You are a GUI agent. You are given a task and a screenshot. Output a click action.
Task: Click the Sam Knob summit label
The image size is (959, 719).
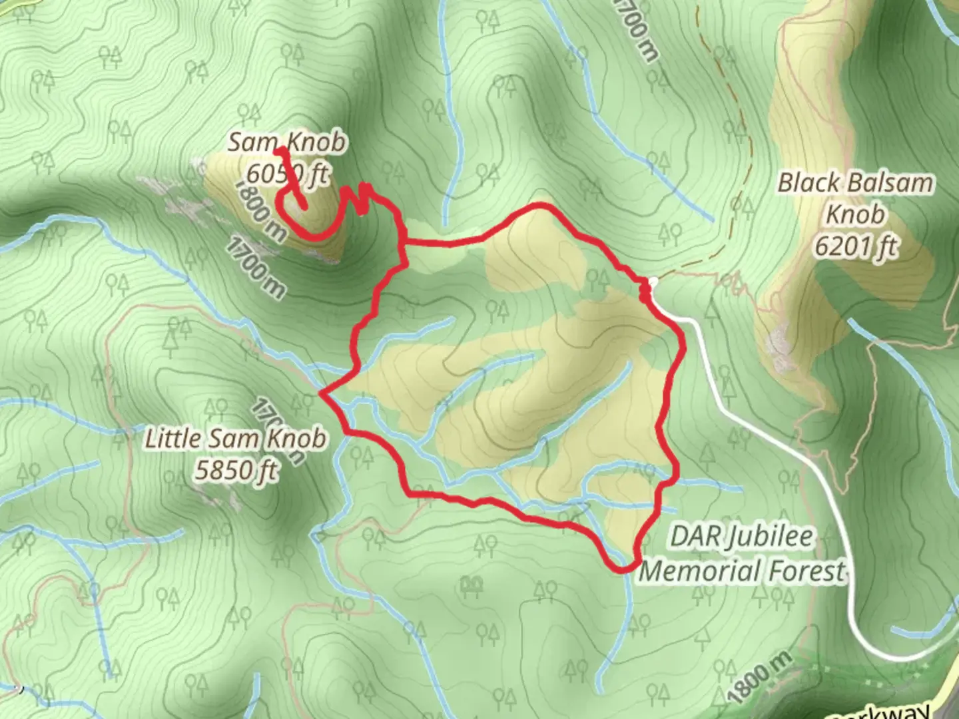(x=287, y=142)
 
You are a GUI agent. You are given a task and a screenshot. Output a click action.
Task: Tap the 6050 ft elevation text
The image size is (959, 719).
(x=287, y=174)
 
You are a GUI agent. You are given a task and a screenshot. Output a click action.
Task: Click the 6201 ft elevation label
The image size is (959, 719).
(x=855, y=246)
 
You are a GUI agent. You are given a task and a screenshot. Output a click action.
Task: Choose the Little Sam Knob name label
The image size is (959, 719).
(x=236, y=439)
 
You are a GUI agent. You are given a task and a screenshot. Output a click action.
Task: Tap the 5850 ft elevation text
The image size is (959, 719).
(x=236, y=470)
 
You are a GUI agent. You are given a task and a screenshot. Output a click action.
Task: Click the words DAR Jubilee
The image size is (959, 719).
(x=741, y=537)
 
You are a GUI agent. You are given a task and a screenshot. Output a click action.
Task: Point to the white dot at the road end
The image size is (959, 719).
(x=653, y=282)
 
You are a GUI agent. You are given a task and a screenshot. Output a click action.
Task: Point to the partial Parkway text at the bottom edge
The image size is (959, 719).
(x=879, y=712)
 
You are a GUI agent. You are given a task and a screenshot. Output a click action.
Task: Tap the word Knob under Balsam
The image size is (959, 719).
(x=855, y=214)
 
